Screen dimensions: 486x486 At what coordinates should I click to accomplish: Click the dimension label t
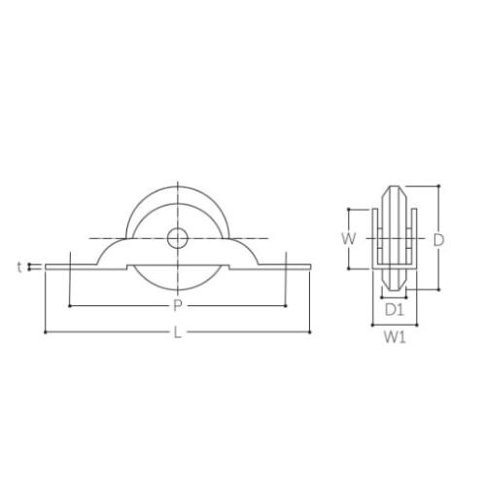coord(19,267)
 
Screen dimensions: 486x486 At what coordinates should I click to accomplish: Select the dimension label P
coord(177,305)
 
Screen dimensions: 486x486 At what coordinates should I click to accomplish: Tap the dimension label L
coord(177,332)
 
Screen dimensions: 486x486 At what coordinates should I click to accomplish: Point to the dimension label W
coord(349,239)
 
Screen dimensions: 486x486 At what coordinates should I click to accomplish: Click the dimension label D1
coord(395,310)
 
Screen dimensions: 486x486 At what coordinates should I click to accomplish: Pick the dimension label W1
coord(395,337)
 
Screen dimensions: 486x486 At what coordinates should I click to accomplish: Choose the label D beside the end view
coord(438,240)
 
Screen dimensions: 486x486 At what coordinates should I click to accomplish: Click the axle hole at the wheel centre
coord(178,238)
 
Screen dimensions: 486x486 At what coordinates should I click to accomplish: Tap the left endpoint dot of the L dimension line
coord(45,332)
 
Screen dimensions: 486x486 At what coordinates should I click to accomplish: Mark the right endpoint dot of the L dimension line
coord(310,332)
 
